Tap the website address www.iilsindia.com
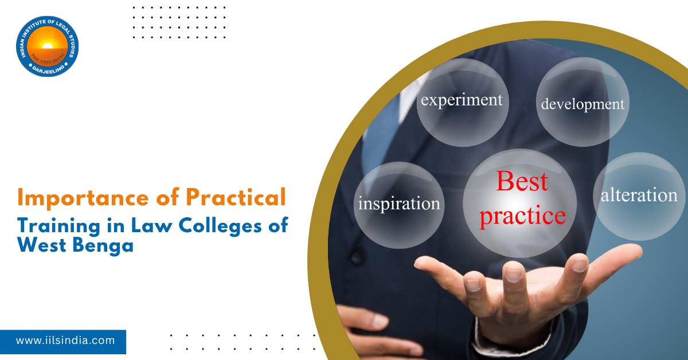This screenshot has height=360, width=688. (x=65, y=341)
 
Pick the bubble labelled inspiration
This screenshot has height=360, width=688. (x=399, y=204)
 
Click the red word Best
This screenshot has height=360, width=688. (x=522, y=182)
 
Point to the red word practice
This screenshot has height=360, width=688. (x=522, y=216)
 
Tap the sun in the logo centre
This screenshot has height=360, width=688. (x=47, y=45)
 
